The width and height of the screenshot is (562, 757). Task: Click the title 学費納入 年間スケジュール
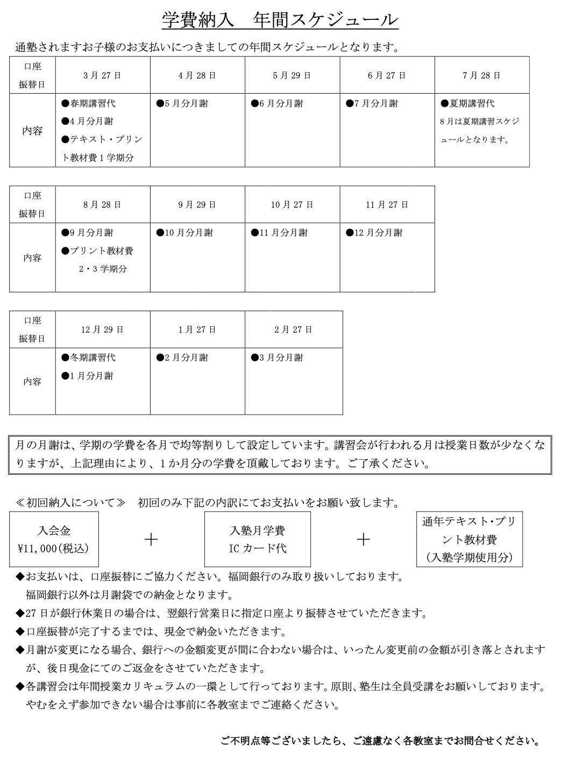[280, 20]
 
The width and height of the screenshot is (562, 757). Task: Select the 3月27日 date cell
[102, 75]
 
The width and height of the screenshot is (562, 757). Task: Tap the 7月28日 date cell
[481, 75]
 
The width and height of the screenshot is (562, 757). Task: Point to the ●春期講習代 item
[89, 103]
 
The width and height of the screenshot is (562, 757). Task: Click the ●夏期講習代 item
[467, 103]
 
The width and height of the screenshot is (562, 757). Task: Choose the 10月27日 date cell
[292, 205]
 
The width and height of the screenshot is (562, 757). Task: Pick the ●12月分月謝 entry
[374, 233]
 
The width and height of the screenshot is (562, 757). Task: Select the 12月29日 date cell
[102, 330]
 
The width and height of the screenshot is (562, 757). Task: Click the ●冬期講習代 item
[89, 358]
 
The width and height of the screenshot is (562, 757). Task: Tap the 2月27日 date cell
[293, 330]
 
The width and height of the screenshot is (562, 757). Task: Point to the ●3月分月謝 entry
[277, 358]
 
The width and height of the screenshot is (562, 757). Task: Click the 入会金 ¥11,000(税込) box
[54, 539]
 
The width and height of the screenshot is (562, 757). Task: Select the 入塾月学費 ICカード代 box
[258, 539]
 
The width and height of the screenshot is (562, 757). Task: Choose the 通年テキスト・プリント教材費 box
[469, 539]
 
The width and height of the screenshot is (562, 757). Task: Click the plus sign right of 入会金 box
[151, 539]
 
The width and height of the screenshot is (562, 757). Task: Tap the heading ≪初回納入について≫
[70, 503]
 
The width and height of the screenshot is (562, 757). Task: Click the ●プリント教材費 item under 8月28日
[98, 251]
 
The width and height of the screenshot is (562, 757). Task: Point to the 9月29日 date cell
[197, 205]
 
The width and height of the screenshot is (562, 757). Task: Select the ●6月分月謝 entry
[277, 103]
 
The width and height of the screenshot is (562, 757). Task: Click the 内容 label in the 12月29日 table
[32, 381]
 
